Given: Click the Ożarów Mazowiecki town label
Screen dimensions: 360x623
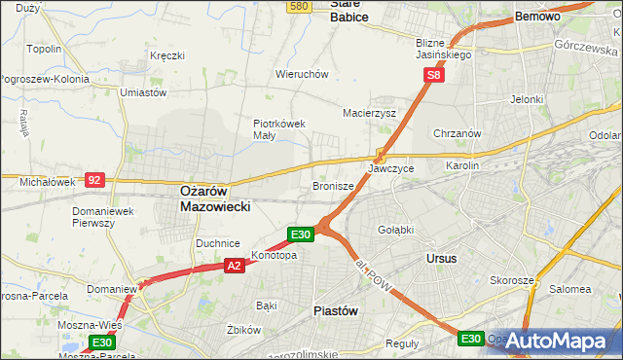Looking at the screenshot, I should click(x=216, y=199).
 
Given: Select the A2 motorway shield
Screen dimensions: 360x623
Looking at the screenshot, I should click(x=234, y=265).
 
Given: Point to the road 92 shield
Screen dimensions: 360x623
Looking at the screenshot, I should click(x=94, y=180).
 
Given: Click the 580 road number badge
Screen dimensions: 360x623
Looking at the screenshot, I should click(x=300, y=6).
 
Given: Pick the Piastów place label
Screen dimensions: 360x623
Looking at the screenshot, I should click(x=337, y=310).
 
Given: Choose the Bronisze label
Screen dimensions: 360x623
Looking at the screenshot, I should click(x=332, y=185).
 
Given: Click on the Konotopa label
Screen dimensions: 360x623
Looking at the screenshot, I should click(x=274, y=255).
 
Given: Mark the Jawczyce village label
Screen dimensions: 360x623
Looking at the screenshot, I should click(x=391, y=168).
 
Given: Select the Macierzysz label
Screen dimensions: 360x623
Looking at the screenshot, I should click(x=369, y=113).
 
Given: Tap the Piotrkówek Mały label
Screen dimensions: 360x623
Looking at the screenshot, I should click(x=279, y=129).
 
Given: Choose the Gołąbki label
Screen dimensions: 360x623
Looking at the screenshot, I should click(x=395, y=230).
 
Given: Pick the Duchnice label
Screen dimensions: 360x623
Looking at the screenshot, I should click(x=218, y=243).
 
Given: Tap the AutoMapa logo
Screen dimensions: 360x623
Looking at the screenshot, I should click(x=559, y=341).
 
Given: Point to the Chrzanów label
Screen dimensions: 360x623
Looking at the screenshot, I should click(x=458, y=133).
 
